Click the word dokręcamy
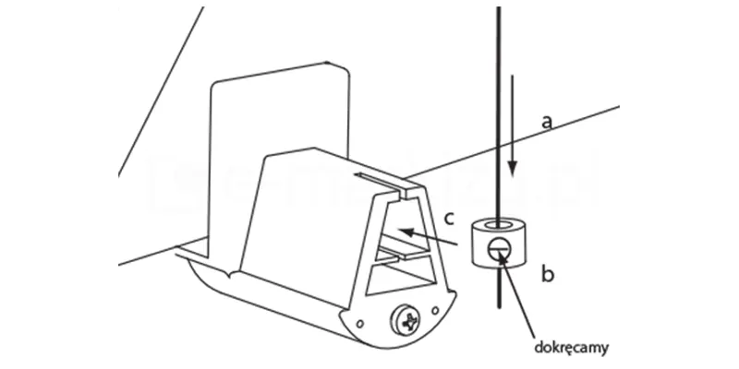[x=575, y=349]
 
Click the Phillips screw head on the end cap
[x=407, y=322]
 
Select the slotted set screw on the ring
[x=498, y=247]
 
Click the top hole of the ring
[x=499, y=223]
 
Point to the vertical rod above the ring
[x=499, y=92]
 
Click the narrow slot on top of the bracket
[x=382, y=182]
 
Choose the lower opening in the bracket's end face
[x=406, y=274]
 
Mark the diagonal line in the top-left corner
[x=157, y=92]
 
